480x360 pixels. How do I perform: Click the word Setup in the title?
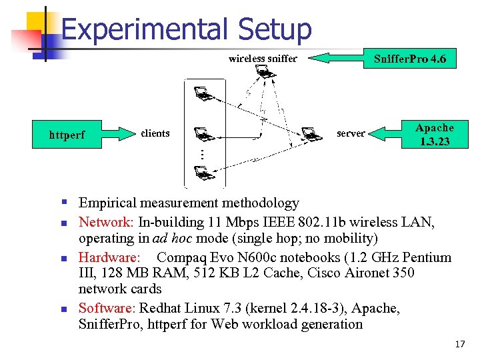click(x=274, y=30)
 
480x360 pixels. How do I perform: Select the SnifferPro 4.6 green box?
click(x=410, y=59)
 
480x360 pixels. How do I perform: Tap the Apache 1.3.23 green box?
click(x=434, y=134)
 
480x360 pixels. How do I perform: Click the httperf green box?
click(x=67, y=135)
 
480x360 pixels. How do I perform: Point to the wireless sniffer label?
click(x=262, y=59)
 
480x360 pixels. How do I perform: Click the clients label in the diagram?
click(x=155, y=133)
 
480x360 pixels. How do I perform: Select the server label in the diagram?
click(x=351, y=133)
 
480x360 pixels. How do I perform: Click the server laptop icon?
click(x=310, y=134)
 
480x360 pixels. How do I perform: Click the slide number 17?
click(x=459, y=345)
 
